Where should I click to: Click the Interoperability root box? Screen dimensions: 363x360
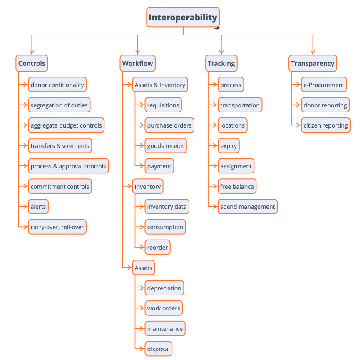tap(183, 17)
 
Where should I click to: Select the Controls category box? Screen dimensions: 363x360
tap(32, 63)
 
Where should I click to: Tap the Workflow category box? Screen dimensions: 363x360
tap(137, 63)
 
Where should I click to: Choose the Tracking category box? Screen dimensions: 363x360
tap(221, 63)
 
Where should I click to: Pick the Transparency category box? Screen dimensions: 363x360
tap(313, 63)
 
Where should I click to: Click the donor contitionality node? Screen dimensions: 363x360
tap(57, 85)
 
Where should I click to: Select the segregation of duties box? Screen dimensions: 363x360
tap(59, 105)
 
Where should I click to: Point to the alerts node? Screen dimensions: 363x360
tap(38, 206)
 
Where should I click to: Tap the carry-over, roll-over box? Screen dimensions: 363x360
tap(57, 227)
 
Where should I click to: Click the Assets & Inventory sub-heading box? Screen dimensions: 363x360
tap(160, 85)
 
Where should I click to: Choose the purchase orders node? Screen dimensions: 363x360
tap(169, 125)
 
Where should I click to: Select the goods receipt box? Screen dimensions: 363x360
tap(166, 146)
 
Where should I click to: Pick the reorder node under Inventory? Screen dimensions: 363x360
tap(157, 247)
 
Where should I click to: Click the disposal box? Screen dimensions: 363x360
tap(158, 349)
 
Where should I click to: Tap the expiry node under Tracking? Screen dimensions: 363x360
tap(229, 146)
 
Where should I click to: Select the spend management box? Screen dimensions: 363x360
tap(247, 206)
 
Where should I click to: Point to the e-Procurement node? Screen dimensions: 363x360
tap(323, 85)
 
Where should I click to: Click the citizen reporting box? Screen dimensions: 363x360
tap(326, 125)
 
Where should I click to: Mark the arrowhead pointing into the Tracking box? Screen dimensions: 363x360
tap(221, 53)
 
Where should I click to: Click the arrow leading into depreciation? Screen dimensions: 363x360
tap(140, 288)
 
